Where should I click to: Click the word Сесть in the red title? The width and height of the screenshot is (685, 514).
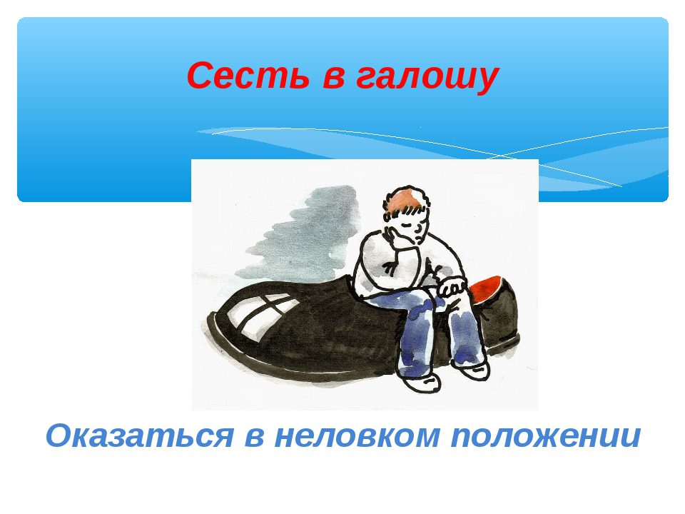248,75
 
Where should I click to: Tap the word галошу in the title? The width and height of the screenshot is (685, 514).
427,78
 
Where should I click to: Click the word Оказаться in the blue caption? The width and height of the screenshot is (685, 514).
139,435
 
